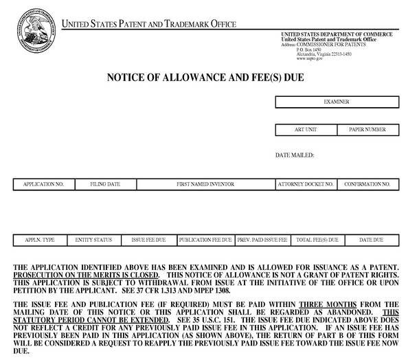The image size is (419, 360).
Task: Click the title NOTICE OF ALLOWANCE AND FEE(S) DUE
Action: coord(205,77)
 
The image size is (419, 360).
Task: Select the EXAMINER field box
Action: coord(337,102)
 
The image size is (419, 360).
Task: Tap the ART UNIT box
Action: coord(304,129)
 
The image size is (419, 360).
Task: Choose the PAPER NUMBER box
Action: coord(367,129)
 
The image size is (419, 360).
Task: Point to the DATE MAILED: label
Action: coord(295,155)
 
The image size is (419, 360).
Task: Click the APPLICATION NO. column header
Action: coord(43,184)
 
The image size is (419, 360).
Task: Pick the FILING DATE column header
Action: coord(105,184)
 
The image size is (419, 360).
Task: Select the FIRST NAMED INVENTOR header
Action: coord(205,184)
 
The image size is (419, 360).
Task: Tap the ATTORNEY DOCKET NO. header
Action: coord(306,184)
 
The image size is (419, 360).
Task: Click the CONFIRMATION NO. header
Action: coord(367,184)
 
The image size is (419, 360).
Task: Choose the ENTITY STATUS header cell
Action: coord(93,240)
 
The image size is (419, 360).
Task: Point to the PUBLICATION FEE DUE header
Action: coord(205,240)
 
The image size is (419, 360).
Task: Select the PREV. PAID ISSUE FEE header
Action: coord(262,240)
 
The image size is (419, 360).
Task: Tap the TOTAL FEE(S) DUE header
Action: coord(317,240)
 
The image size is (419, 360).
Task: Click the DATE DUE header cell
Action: coord(372,240)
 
